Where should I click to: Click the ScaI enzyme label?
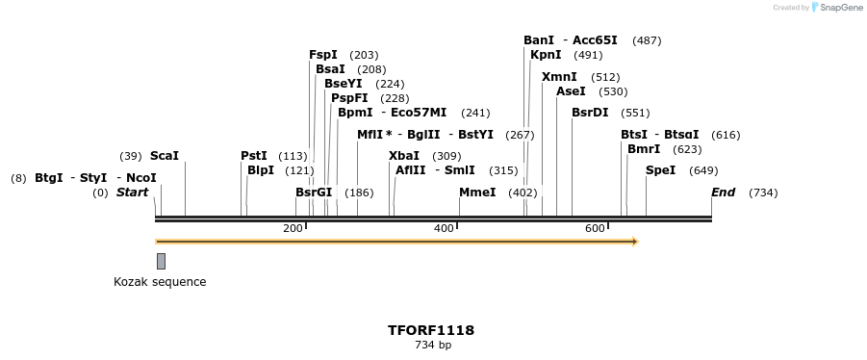click(x=165, y=156)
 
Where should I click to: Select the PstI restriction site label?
click(x=254, y=156)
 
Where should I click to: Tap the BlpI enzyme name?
click(x=261, y=170)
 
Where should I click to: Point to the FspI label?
click(x=323, y=55)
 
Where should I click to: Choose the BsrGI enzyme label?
click(x=314, y=193)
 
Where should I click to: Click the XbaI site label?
click(x=404, y=156)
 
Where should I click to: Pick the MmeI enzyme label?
click(x=477, y=193)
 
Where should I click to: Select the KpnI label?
click(x=546, y=55)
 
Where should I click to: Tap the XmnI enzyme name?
click(x=559, y=77)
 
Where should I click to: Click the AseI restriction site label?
click(x=571, y=91)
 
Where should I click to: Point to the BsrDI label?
click(x=590, y=113)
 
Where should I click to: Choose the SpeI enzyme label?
click(x=660, y=170)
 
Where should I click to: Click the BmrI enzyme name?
click(x=644, y=149)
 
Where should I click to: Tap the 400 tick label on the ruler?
click(x=444, y=228)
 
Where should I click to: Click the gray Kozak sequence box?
click(x=161, y=261)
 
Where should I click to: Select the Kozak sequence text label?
click(x=160, y=282)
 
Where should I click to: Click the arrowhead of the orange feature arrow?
click(x=634, y=242)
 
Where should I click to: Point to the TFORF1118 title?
click(x=431, y=330)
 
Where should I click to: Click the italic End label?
click(x=723, y=193)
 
